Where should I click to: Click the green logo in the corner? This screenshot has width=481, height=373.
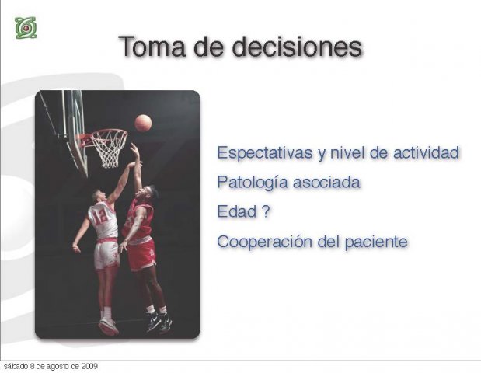click(x=26, y=28)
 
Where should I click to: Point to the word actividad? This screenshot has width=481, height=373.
click(x=427, y=152)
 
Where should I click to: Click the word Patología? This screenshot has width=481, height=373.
click(x=253, y=182)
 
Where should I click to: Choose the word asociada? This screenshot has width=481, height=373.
click(x=326, y=182)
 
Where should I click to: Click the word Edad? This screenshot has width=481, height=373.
click(x=237, y=211)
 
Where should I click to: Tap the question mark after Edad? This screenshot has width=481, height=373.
click(x=266, y=211)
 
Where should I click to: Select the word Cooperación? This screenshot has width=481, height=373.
click(x=264, y=242)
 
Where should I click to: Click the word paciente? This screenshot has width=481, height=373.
click(x=376, y=242)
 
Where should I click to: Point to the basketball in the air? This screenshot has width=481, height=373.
click(x=143, y=123)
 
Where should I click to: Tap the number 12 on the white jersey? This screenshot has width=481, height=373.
click(x=100, y=216)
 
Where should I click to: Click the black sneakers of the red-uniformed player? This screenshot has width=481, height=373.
click(x=159, y=322)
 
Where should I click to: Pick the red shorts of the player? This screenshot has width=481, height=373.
click(x=141, y=255)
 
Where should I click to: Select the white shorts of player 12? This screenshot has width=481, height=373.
click(x=106, y=254)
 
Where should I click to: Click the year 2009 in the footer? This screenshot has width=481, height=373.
click(x=89, y=366)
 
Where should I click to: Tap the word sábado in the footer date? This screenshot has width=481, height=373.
click(x=14, y=366)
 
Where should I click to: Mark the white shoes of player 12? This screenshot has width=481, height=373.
click(x=108, y=326)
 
